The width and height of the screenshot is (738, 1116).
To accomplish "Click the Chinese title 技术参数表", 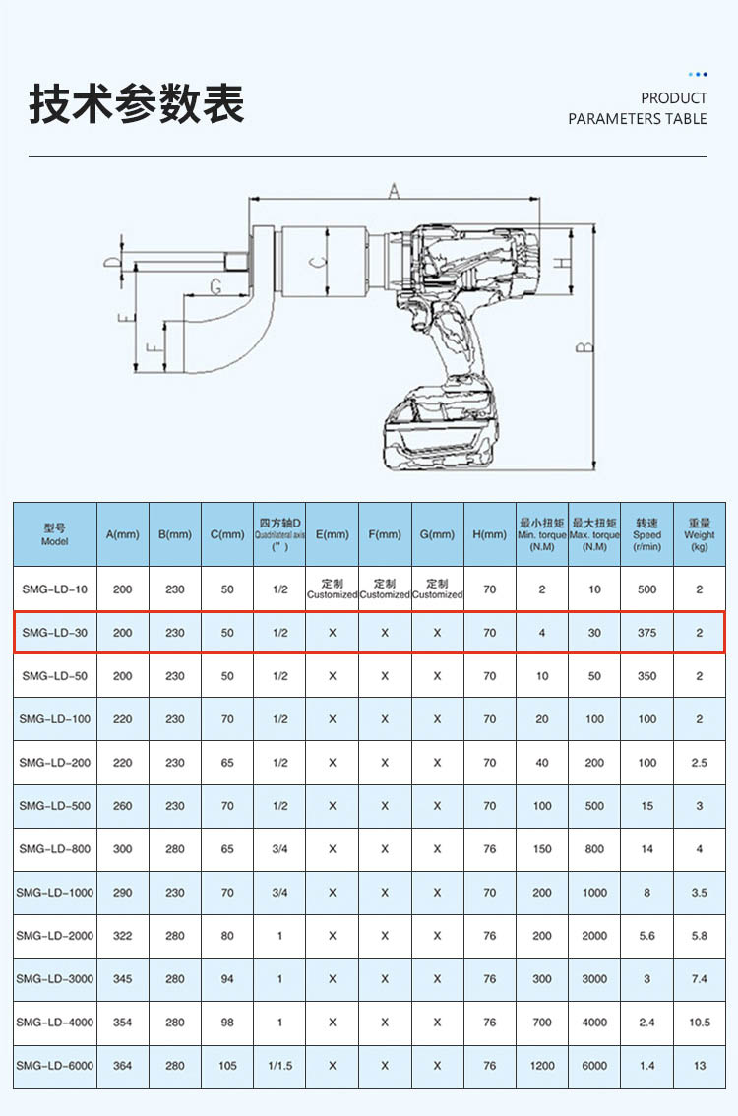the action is point(137,104).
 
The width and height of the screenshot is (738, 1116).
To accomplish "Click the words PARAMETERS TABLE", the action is point(637,119).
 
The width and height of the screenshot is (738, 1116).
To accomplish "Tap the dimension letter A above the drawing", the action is point(394,190).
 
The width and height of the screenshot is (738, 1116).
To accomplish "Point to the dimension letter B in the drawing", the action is point(585,347).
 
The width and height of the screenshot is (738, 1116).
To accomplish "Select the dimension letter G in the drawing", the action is point(215,286).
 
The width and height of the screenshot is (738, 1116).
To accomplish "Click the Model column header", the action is point(55,534).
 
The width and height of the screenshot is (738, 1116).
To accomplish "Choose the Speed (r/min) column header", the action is point(646,534).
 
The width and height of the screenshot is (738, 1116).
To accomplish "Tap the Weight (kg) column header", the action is point(699,534).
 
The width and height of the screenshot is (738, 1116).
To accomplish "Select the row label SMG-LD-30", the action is point(55,632).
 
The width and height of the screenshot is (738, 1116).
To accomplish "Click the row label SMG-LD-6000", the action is point(55,1066).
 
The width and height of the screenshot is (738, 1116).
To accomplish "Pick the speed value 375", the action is point(646,632).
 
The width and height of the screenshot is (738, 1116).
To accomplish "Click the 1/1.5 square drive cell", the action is point(279,1066).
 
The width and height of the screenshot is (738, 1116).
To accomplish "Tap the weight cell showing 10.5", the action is point(699,1023).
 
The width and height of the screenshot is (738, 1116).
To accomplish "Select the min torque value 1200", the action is point(542,1066).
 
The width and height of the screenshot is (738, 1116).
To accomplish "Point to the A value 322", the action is point(122,935).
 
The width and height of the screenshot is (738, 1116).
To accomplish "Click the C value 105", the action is point(227,1066).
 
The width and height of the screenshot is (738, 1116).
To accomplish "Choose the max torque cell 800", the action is point(594,848).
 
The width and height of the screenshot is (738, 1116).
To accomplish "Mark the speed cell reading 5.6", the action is point(646,935).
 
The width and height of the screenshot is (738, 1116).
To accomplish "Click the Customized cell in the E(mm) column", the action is point(332,589).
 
